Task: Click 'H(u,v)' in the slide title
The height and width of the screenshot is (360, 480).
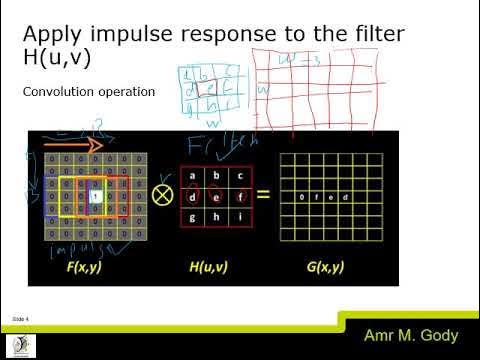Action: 57,59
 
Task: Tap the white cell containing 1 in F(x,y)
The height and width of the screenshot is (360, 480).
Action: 94,196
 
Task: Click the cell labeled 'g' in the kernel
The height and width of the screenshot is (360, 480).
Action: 192,218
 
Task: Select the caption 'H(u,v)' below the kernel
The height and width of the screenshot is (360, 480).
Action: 211,268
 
